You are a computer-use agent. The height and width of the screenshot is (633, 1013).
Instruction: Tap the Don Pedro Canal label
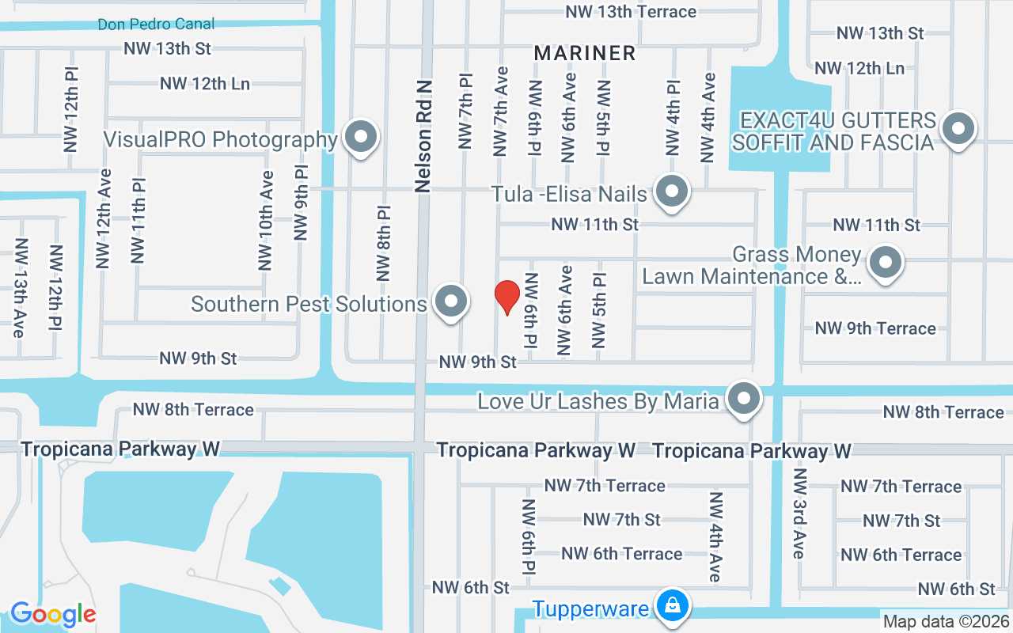point(156,24)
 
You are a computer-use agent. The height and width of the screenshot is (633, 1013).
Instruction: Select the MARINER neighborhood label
point(585,53)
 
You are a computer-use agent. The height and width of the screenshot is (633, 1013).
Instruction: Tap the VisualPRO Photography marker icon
point(362,137)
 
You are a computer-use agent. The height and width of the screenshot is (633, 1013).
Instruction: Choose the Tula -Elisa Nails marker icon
point(672,191)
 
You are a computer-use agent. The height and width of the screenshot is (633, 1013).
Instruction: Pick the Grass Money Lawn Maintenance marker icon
point(886,262)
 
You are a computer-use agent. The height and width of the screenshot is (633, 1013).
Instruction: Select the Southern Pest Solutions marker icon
point(452,301)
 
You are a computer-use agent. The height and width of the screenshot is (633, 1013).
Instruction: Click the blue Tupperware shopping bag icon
point(671,607)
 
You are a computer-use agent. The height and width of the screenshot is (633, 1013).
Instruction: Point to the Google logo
point(53,614)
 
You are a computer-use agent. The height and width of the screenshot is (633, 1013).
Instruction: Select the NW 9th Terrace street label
point(875,328)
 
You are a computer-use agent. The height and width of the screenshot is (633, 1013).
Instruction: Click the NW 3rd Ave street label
point(799,514)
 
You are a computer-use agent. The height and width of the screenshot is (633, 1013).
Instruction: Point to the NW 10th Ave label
point(266,221)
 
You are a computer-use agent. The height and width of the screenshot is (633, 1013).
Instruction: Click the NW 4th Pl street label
point(673,117)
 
